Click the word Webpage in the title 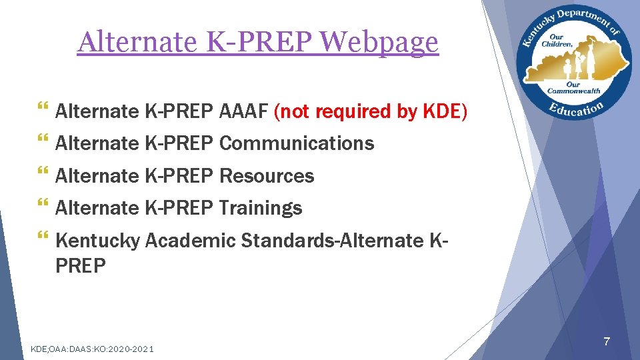coord(381,43)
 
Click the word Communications coord(296,143)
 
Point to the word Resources coord(266,176)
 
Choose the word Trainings coord(260,208)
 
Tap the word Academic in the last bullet coord(190,240)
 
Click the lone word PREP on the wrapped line coord(81,266)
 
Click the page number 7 coord(606,342)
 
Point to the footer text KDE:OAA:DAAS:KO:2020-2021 coord(93,348)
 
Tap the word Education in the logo coord(577,108)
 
